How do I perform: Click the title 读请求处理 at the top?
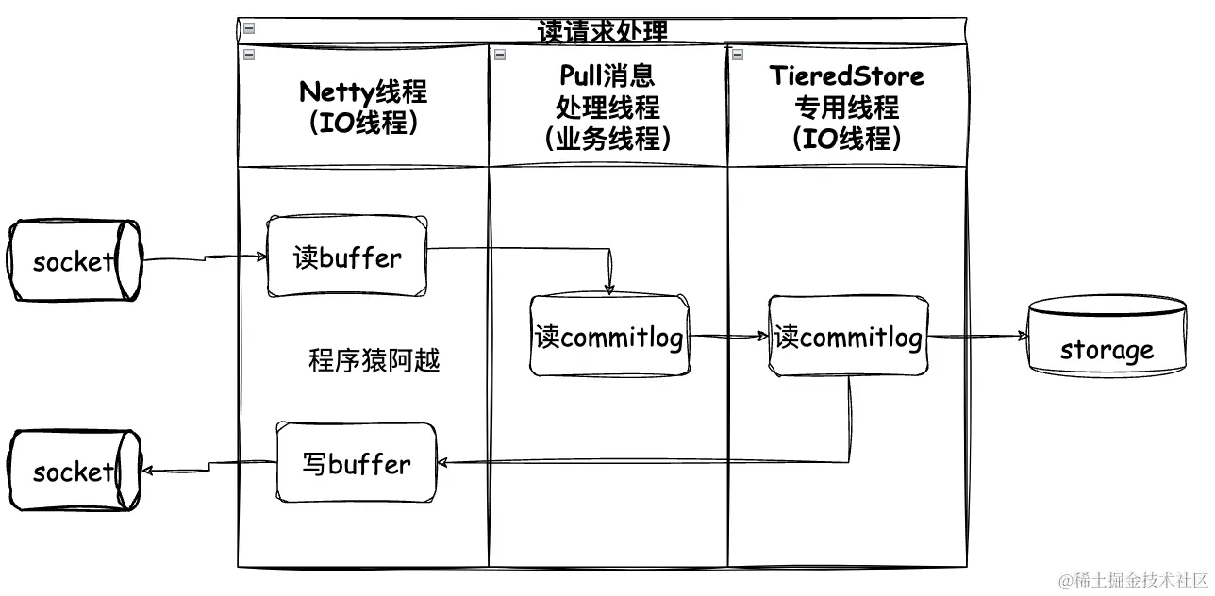603,31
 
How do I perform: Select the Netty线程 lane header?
363,106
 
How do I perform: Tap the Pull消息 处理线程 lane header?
607,106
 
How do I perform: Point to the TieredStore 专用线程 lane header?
846,106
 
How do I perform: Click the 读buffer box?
347,257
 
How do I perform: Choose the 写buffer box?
357,463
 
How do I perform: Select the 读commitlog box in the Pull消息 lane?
608,337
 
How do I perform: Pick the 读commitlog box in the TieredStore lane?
847,337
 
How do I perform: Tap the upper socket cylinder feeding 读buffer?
74,261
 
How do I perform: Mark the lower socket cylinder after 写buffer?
74,471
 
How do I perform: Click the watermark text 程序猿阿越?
374,360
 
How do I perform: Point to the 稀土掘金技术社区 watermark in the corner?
1133,579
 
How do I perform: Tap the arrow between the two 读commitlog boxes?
727,335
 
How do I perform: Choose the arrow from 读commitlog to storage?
977,336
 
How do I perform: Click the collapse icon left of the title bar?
248,28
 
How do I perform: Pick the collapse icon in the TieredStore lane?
737,55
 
